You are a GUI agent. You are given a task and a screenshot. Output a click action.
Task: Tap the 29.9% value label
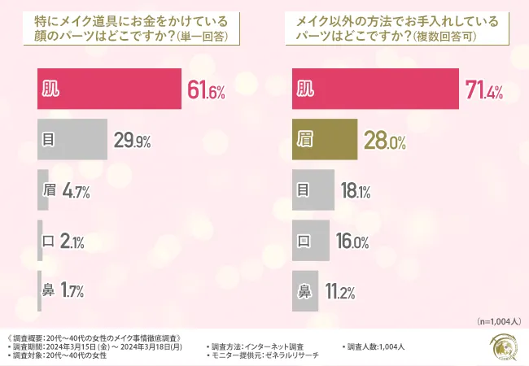(x=132, y=140)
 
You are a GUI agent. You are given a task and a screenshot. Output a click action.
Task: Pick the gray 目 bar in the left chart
(x=73, y=140)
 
